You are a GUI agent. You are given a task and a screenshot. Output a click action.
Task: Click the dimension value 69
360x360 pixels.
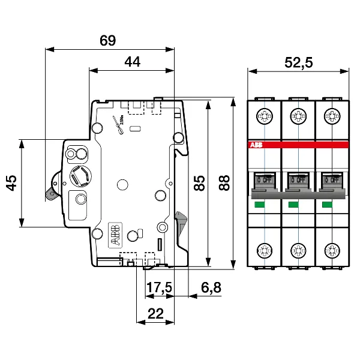click(108, 41)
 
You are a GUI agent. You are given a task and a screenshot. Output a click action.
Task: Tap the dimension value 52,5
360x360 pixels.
click(298, 62)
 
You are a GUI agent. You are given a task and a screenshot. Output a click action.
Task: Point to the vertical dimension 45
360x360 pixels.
click(11, 183)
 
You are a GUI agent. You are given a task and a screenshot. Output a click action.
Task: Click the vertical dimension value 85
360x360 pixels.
click(199, 182)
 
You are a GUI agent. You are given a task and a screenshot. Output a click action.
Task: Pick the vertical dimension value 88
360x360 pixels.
click(224, 182)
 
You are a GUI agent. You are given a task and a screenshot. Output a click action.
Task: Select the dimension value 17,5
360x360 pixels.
click(159, 288)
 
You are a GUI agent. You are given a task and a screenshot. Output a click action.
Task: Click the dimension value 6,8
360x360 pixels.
click(211, 288)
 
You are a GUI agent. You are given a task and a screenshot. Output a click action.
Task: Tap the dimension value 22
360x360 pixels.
click(156, 313)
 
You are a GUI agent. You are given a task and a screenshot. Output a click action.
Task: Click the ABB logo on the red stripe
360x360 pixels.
click(256, 146)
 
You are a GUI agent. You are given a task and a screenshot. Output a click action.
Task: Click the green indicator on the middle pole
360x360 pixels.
click(293, 205)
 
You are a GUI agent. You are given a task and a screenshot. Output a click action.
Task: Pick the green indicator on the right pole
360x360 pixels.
click(327, 205)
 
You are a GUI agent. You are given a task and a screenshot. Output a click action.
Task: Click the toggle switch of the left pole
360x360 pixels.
click(263, 178)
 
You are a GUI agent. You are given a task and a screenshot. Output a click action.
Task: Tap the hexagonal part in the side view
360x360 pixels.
click(81, 176)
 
